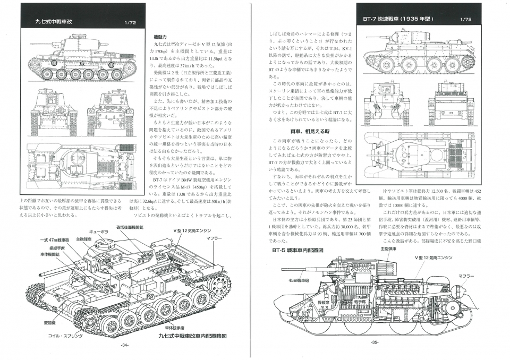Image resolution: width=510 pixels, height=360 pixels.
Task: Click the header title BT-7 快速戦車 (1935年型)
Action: pyautogui.click(x=398, y=19)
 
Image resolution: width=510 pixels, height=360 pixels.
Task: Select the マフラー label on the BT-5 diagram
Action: pyautogui.click(x=466, y=276)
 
